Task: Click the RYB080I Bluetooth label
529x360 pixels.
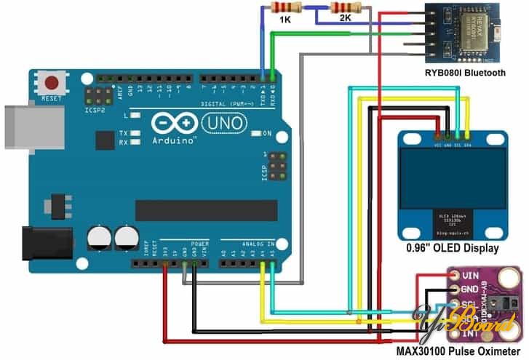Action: pos(466,73)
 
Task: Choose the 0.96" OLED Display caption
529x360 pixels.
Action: pos(453,249)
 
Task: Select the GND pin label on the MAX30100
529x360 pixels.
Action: pos(471,290)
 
